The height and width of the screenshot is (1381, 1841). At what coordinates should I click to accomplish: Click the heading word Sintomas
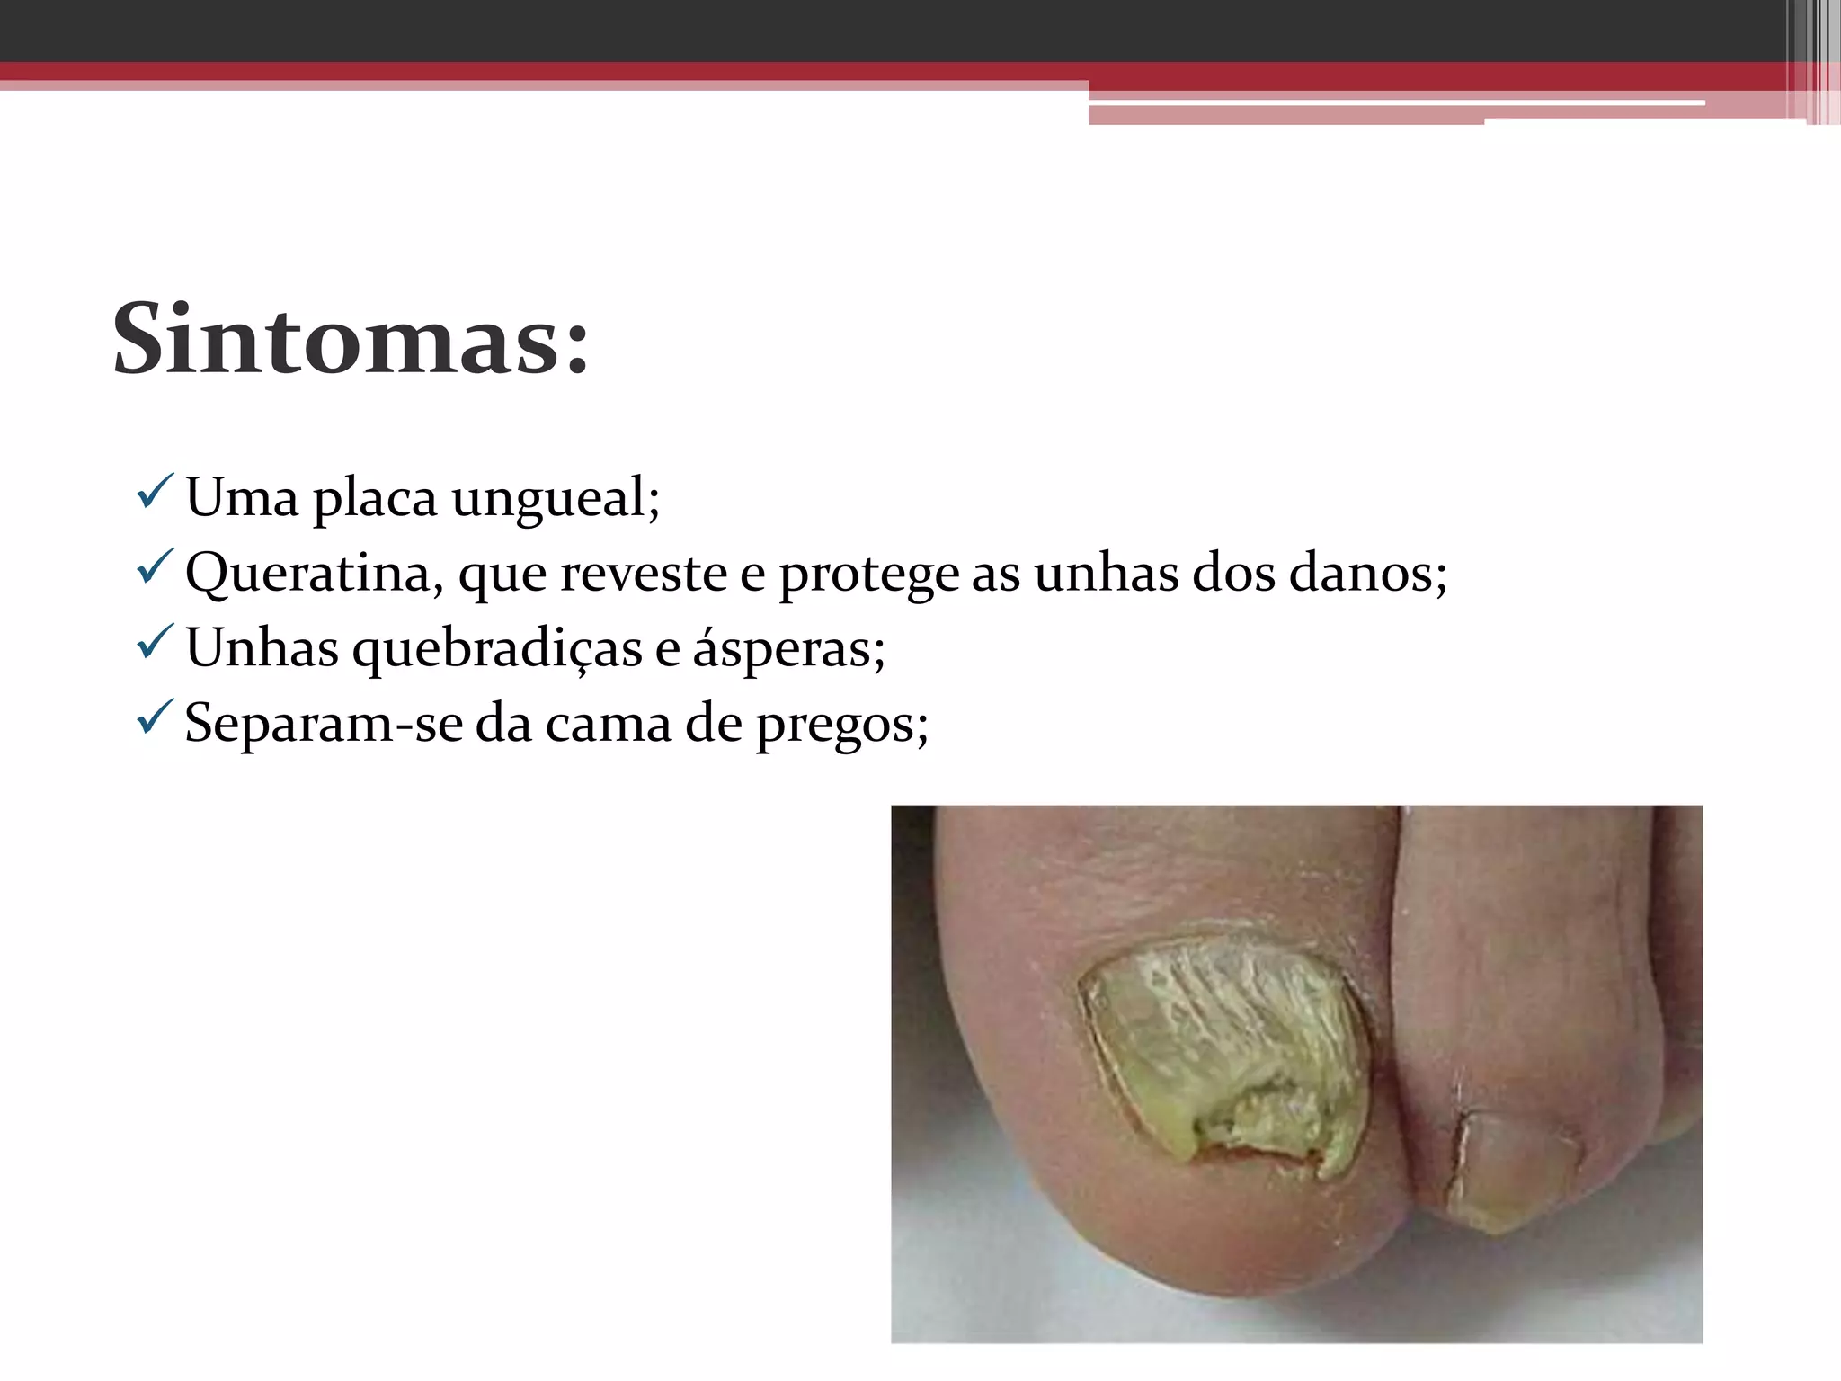coord(351,340)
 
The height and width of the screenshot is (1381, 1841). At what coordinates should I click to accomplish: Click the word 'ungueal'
coord(555,498)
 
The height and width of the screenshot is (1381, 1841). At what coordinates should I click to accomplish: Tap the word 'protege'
coord(868,575)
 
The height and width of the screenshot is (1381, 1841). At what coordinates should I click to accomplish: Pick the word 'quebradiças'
coord(497,648)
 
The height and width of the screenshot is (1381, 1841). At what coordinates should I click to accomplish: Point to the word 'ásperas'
coord(788,648)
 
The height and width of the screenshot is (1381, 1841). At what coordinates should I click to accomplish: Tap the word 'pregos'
coord(841,725)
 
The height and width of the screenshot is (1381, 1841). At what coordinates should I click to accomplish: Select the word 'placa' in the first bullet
coord(375,498)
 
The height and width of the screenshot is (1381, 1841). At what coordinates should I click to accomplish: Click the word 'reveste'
coord(644,573)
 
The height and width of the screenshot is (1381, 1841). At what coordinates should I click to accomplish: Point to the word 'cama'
coord(608,723)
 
